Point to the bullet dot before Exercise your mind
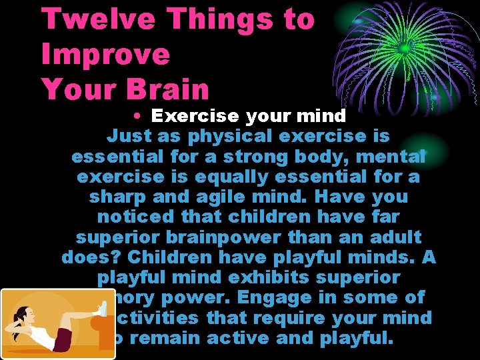pos(135,116)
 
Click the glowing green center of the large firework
pos(404,49)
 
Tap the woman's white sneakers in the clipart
pos(102,309)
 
